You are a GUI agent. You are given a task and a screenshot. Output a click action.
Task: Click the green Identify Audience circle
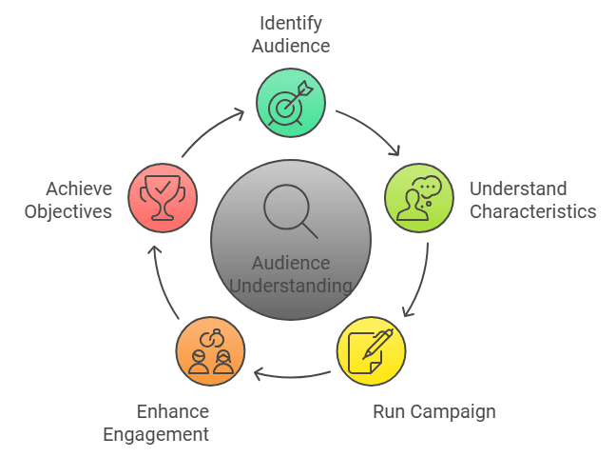[x=291, y=103]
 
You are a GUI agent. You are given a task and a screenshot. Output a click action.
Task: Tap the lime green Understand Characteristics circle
[x=419, y=198]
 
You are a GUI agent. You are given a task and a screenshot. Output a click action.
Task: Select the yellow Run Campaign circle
[x=371, y=350]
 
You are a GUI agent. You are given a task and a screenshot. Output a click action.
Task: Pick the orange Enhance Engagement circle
[x=210, y=350]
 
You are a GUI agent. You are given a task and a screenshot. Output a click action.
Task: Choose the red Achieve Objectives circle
[x=162, y=198]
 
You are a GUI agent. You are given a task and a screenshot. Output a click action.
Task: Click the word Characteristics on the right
[x=533, y=211]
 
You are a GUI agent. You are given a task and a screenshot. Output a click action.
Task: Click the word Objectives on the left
[x=66, y=211]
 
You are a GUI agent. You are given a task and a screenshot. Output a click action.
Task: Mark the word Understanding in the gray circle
[x=291, y=286]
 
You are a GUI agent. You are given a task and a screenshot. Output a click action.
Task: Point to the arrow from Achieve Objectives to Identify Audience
[x=211, y=131]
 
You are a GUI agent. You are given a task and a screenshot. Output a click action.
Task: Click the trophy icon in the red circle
[x=162, y=198]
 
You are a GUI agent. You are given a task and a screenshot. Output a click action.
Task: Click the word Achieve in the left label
[x=79, y=188]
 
